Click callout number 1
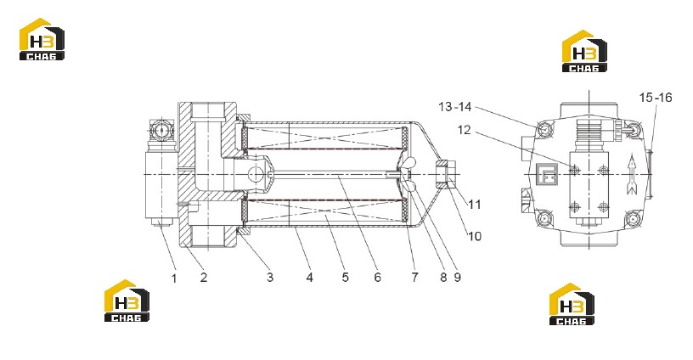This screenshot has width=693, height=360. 174,278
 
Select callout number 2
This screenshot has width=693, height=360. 203,278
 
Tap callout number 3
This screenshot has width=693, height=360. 269,278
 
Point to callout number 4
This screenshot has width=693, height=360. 309,278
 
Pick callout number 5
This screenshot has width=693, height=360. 345,278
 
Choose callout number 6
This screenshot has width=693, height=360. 377,278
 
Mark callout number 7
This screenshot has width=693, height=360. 414,278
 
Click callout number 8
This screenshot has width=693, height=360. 443,278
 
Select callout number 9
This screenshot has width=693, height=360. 457,278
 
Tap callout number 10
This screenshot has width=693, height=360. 474,236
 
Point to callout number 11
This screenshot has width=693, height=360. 474,205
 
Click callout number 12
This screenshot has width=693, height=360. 464,130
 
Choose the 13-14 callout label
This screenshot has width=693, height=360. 455,107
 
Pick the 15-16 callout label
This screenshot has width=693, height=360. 656,98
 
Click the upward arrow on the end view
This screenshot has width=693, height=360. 632,175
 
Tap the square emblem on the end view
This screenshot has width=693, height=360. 545,174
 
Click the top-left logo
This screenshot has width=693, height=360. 42,39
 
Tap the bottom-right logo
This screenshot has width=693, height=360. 572,304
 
